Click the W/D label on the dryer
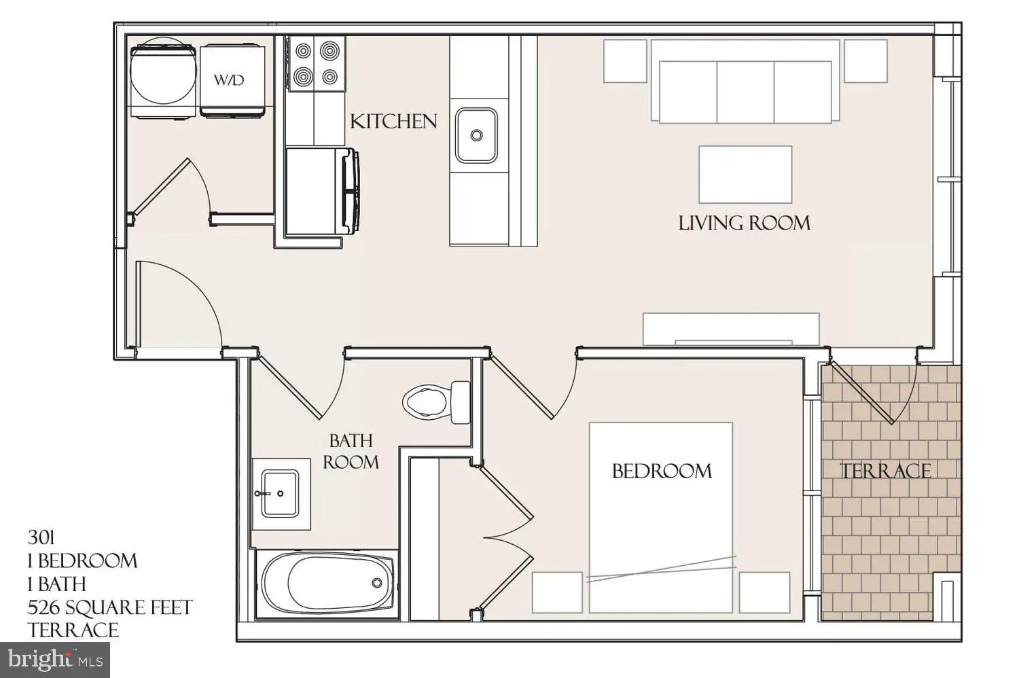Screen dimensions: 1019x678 [229, 80]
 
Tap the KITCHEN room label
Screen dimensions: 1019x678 [393, 122]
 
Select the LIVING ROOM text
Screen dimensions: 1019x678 [745, 223]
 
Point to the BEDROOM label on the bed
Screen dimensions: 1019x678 [662, 471]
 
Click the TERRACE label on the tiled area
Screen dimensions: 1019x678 [885, 471]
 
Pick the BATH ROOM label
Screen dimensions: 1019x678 [351, 451]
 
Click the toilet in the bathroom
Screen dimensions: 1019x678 [436, 402]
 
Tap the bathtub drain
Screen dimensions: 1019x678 [376, 583]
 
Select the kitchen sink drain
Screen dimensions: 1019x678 [476, 135]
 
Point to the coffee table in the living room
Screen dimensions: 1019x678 [745, 175]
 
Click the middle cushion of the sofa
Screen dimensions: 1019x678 [745, 92]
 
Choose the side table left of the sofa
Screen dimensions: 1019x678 [625, 61]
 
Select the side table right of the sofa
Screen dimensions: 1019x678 [865, 61]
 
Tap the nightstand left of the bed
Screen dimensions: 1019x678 [557, 592]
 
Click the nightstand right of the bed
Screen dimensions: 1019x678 [764, 592]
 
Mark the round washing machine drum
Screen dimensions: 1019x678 [163, 71]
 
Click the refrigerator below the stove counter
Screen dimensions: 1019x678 [322, 191]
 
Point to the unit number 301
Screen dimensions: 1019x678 [41, 538]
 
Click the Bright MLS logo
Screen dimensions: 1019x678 [54, 660]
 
